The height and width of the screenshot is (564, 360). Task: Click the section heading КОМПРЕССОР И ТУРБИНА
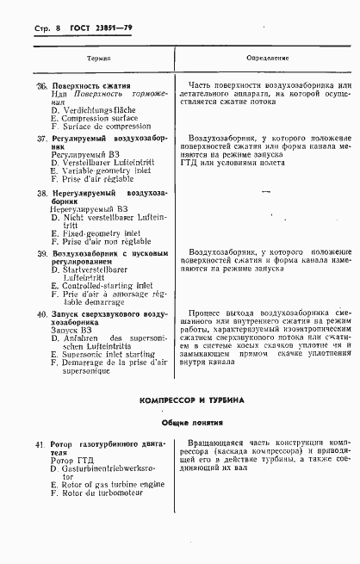pos(192,401)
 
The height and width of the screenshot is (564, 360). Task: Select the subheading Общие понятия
pos(192,423)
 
